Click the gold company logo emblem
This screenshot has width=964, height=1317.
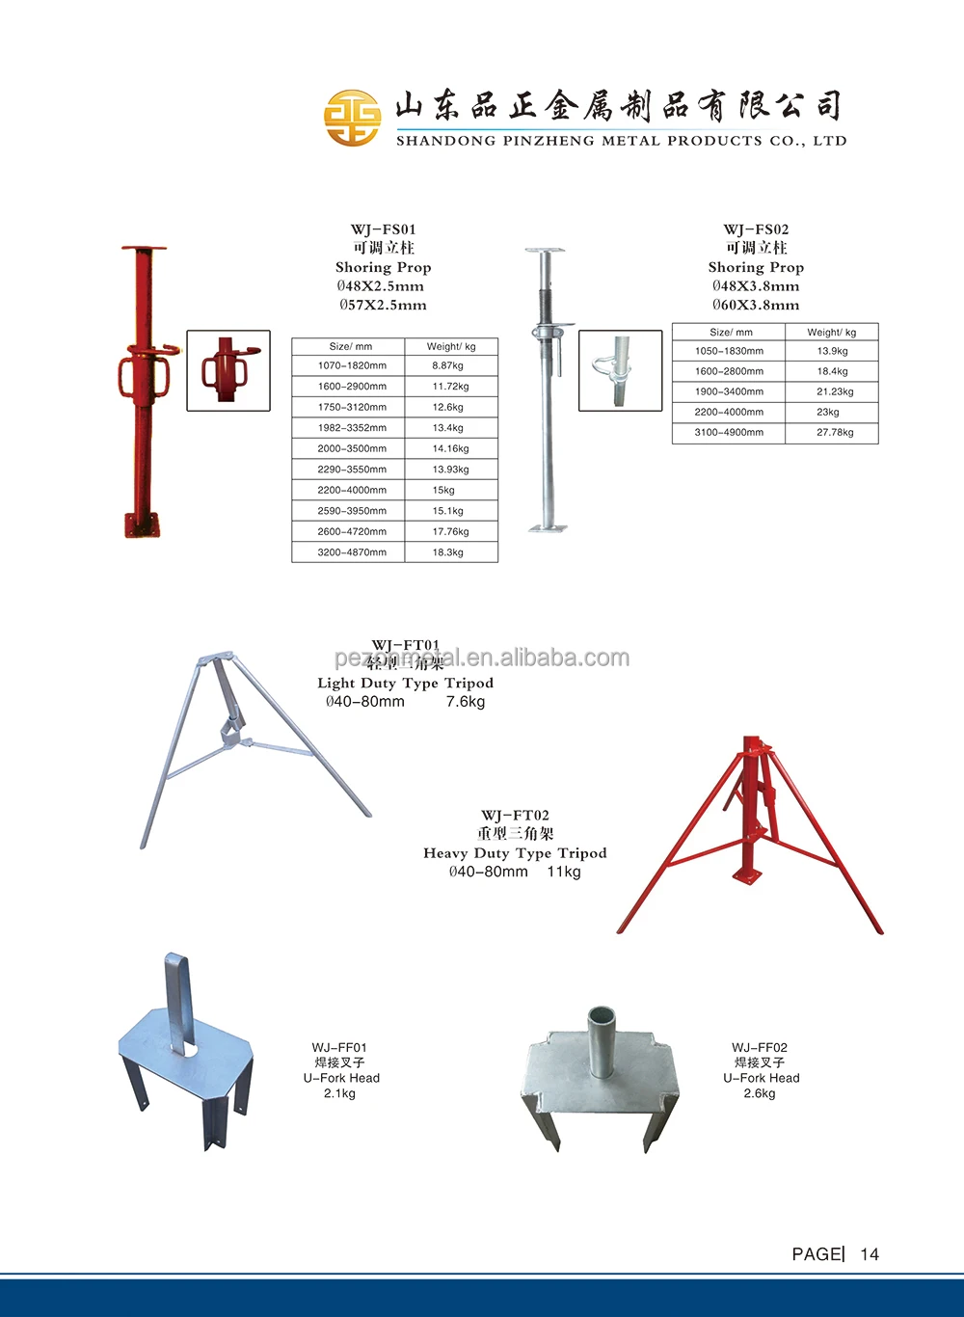(x=352, y=118)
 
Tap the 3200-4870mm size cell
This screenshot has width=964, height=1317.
(x=352, y=552)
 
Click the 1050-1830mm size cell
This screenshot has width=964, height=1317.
(x=729, y=352)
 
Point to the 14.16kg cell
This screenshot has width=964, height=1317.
(x=450, y=449)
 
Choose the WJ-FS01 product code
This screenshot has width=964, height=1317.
(x=383, y=229)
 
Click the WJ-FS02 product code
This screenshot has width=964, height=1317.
(x=756, y=229)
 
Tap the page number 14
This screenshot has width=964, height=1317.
(x=870, y=1254)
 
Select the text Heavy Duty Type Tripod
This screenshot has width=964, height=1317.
(x=515, y=853)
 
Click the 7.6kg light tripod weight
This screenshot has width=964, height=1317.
(x=466, y=702)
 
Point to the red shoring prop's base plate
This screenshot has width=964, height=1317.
(x=142, y=525)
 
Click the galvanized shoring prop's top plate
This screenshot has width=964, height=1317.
(x=544, y=251)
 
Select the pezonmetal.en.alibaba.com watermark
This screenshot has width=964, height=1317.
(x=482, y=658)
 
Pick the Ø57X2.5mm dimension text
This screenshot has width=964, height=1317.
(x=383, y=306)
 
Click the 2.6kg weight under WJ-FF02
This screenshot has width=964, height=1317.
(x=760, y=1093)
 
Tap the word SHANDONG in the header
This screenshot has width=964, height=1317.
(x=444, y=141)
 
